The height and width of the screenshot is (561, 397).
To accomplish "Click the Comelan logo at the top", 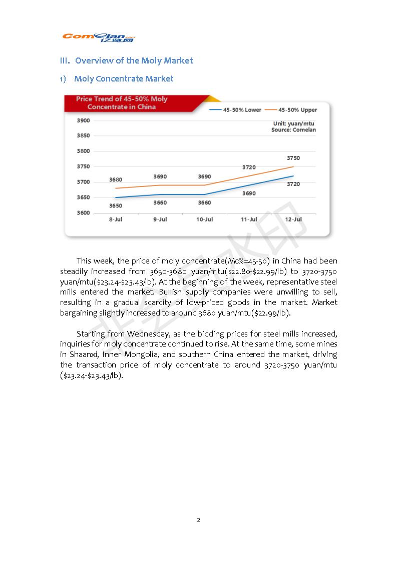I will point(99,38).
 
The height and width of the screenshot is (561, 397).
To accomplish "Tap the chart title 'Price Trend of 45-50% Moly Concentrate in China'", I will point(122,102).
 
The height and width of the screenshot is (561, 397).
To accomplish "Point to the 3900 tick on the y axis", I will point(83,120).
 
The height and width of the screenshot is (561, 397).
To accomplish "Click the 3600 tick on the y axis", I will point(83,213).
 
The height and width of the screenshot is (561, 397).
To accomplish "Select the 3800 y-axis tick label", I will point(83,151).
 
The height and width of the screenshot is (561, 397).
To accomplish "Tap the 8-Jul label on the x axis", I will point(116,219).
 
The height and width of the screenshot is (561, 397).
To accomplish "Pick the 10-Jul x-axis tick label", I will point(204,219).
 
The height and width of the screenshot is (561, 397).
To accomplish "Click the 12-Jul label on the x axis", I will point(293,219).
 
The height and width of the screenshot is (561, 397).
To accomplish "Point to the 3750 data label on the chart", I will point(293,158).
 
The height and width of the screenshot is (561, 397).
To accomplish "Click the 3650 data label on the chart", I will point(116,205).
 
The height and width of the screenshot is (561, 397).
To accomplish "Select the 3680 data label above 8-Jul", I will point(116,179).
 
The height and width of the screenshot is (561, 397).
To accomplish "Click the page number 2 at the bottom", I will point(198,520).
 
